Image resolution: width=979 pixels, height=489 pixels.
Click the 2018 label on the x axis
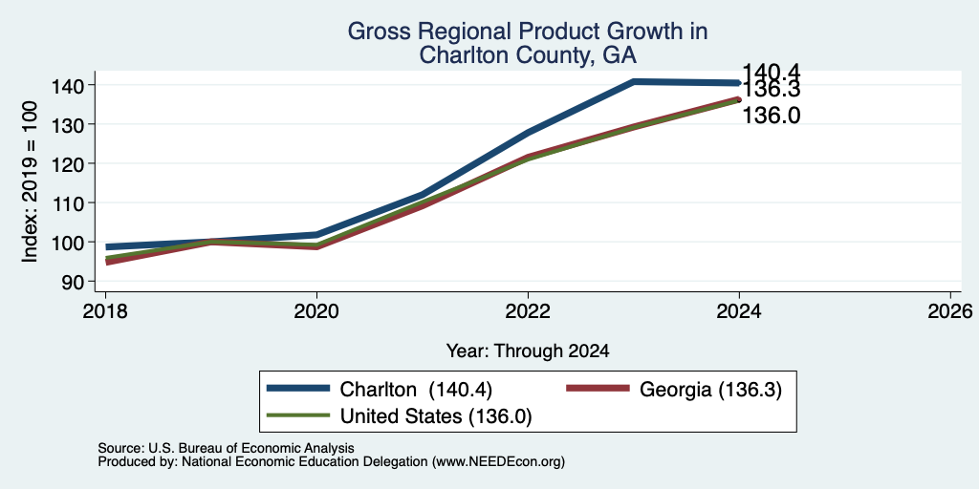[x=105, y=311]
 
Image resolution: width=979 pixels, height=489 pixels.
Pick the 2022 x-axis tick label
[x=528, y=311]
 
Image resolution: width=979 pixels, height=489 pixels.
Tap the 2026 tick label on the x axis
[x=950, y=311]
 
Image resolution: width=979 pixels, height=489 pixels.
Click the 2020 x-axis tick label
[x=316, y=311]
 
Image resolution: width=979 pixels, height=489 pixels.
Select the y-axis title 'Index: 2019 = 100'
[x=30, y=182]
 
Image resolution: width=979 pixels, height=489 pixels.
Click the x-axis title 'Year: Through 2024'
[x=528, y=351]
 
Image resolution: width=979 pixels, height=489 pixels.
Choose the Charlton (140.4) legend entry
[x=381, y=390]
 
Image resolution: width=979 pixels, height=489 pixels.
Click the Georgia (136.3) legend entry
[x=674, y=390]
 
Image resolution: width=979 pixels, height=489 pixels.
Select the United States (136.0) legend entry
[x=399, y=415]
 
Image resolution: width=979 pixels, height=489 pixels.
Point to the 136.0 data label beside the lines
[x=772, y=116]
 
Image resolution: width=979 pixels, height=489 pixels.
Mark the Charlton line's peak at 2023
[x=634, y=82]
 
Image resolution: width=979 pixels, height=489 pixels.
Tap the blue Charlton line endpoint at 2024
[x=739, y=83]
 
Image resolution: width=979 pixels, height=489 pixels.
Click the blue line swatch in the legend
[x=298, y=389]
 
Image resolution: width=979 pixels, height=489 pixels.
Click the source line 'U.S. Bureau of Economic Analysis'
[x=251, y=449]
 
